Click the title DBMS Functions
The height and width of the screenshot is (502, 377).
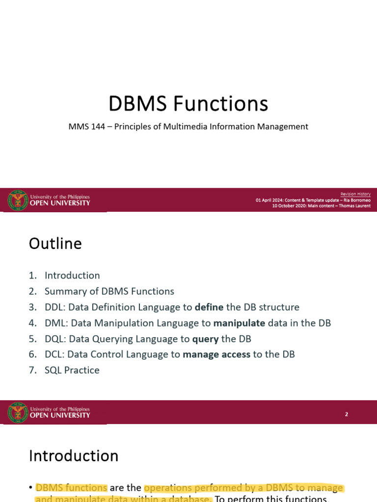click(188, 104)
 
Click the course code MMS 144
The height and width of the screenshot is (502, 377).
click(85, 126)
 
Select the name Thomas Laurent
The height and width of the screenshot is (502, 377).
click(354, 206)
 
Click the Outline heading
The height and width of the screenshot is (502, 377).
click(55, 244)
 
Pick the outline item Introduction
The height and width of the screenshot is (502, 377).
click(72, 276)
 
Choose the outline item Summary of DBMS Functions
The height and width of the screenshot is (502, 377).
click(109, 291)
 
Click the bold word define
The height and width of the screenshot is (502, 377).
click(209, 307)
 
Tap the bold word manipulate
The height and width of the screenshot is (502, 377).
click(239, 323)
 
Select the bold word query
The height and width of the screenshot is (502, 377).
click(205, 339)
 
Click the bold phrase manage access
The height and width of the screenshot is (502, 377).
click(216, 354)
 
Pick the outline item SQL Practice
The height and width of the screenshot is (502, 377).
click(72, 370)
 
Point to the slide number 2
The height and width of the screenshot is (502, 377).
click(346, 414)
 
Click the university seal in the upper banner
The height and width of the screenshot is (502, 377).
click(18, 200)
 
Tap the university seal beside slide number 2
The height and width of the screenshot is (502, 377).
click(18, 412)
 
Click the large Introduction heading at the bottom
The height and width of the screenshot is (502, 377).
click(74, 456)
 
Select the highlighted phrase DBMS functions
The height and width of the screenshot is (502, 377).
click(71, 488)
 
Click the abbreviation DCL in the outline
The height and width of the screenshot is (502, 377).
click(54, 354)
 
